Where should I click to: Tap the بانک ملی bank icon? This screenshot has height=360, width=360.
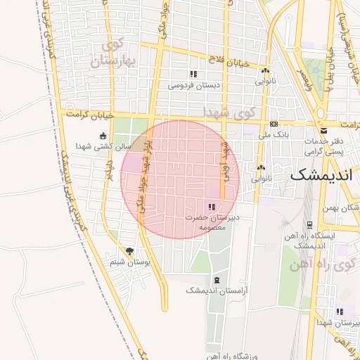[x=274, y=124]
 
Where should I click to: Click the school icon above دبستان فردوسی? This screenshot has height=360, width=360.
[x=193, y=74]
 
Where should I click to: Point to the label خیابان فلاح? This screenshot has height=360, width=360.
[x=233, y=63]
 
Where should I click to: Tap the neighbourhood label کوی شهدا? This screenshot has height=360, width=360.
[x=227, y=112]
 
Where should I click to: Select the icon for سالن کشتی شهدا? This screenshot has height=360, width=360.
[x=104, y=136]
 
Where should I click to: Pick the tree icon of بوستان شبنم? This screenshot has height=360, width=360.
[x=129, y=251]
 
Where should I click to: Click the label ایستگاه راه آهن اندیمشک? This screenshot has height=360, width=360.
[x=309, y=241]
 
